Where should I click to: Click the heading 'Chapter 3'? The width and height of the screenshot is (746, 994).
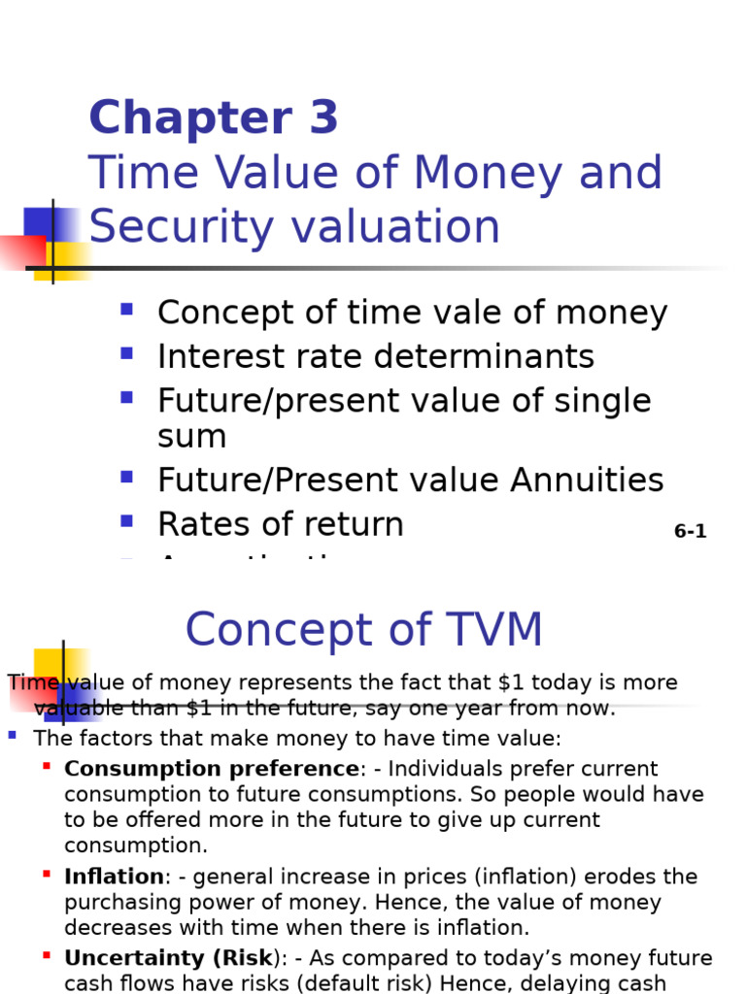[x=214, y=118]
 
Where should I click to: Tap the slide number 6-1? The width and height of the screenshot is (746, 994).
[x=690, y=531]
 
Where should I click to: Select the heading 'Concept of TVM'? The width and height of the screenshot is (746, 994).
[x=363, y=630]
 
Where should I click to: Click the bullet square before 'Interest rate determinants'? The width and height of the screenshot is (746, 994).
[x=126, y=354]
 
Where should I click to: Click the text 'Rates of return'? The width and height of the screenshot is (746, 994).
[x=280, y=524]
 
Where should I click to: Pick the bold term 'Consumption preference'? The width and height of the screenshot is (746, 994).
[x=212, y=769]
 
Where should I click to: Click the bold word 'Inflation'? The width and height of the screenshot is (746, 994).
[x=114, y=877]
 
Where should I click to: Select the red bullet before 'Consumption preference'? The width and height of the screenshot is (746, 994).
[x=47, y=767]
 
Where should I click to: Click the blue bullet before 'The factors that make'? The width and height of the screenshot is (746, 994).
[x=13, y=736]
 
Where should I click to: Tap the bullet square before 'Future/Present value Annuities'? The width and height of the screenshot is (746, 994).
[x=126, y=478]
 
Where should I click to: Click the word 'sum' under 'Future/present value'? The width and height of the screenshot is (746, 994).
[x=191, y=437]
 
